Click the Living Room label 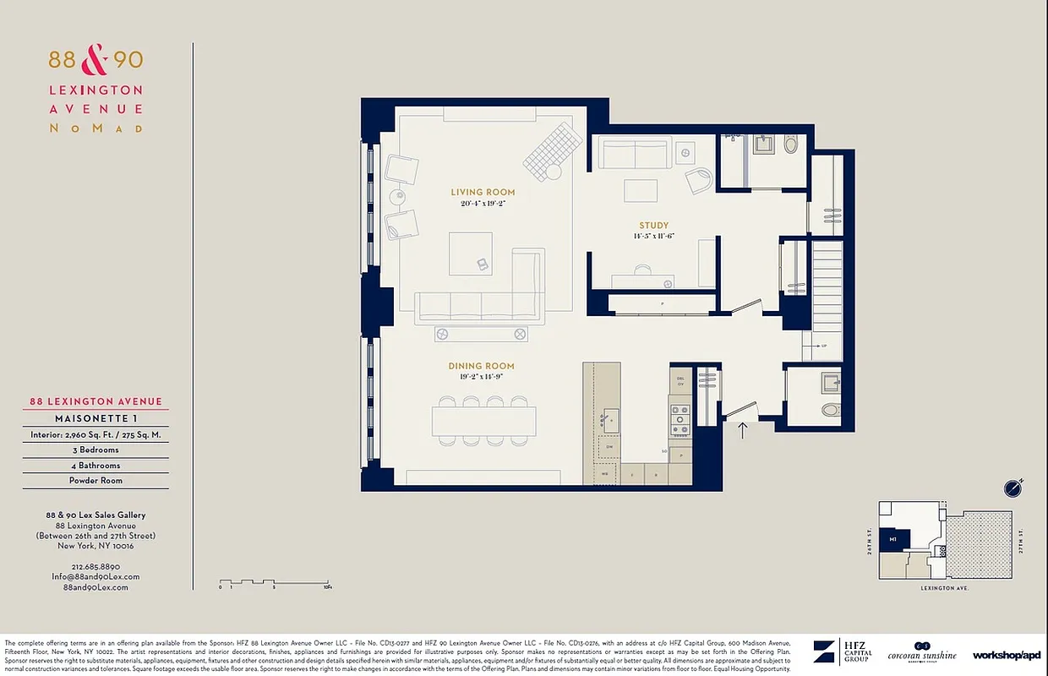[x=483, y=193]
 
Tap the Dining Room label [x=481, y=367]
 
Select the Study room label [x=653, y=226]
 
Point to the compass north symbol [x=1013, y=488]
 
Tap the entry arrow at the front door [x=743, y=430]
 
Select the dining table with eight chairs [x=483, y=421]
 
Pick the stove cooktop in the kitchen [x=680, y=416]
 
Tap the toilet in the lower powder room [x=831, y=411]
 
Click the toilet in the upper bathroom [x=790, y=144]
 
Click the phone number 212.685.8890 [x=96, y=566]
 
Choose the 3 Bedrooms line [x=96, y=450]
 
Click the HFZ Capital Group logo [x=842, y=652]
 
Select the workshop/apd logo [x=1006, y=655]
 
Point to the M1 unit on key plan [x=892, y=538]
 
